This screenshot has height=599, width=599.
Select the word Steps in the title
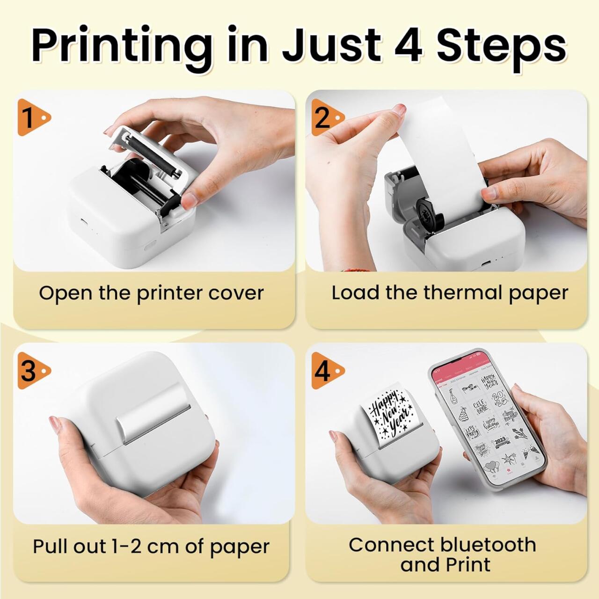click(501, 45)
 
